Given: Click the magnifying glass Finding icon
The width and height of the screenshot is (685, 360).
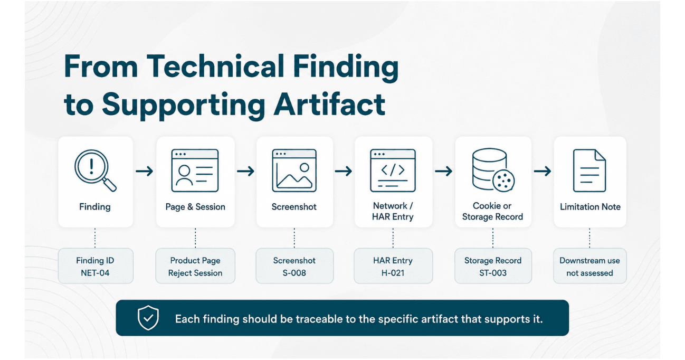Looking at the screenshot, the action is (95, 170).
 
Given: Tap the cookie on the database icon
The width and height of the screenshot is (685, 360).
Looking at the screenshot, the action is (503, 181).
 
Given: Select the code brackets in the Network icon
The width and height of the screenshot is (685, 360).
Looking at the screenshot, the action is (393, 170).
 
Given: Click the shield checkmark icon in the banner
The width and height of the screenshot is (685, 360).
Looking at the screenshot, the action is (148, 318).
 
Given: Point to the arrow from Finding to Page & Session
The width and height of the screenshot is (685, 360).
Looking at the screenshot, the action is (145, 171).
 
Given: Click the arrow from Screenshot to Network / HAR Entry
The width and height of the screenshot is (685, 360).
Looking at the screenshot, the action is (344, 171).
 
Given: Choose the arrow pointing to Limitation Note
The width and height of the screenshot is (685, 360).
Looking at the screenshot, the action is (543, 171).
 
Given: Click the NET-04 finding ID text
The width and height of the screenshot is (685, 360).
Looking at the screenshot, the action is (95, 273).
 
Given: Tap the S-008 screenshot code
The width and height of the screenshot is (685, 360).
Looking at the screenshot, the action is (294, 273).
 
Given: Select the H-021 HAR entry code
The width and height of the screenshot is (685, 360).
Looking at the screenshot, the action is (393, 273).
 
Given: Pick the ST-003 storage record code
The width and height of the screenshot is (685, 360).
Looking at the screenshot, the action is (493, 273).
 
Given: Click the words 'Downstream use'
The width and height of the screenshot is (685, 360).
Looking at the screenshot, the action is (589, 261).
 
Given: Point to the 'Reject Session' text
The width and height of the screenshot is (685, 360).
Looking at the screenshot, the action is (195, 273).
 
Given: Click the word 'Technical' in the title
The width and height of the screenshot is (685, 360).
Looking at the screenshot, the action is (215, 67).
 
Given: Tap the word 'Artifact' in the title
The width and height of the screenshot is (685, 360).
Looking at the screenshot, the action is (329, 104).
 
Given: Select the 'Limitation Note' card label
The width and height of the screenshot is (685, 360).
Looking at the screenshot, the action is (590, 207).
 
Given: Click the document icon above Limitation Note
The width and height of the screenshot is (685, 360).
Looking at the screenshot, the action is (589, 170).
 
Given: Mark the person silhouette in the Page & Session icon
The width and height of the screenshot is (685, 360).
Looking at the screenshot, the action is (184, 175).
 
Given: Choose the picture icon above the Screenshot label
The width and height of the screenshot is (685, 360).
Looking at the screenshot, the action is (294, 170).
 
